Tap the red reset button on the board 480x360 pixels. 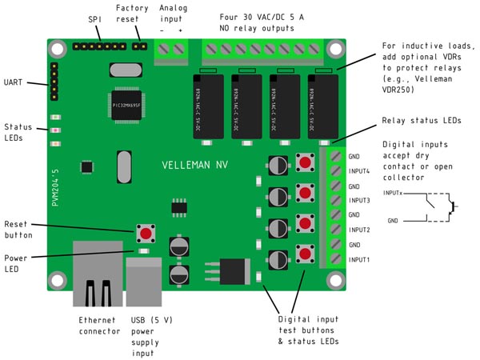[146, 233]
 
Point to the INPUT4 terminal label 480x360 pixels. [359, 170]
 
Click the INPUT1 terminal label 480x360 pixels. [359, 259]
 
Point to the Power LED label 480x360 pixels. [16, 263]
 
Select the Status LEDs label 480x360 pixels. [18, 132]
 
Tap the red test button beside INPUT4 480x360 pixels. [305, 164]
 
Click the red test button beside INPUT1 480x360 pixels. [305, 255]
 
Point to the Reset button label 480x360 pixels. [18, 230]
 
